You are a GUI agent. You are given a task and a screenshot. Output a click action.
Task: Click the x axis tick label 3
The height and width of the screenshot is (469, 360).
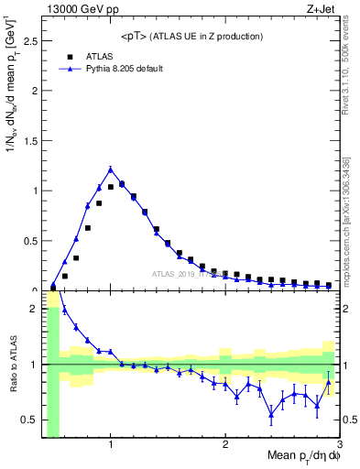click(x=339, y=446)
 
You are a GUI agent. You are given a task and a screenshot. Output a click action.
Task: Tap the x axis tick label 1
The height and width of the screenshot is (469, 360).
click(x=111, y=446)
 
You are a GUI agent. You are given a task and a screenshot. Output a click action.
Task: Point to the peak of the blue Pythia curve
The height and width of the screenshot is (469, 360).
click(x=111, y=169)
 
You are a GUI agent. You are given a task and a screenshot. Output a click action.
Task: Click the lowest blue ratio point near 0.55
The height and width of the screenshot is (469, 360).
click(x=271, y=414)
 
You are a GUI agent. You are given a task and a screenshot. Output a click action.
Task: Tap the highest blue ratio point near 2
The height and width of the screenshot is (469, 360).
click(x=65, y=309)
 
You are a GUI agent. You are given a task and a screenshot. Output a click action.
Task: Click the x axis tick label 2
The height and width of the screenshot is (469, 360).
click(x=225, y=446)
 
